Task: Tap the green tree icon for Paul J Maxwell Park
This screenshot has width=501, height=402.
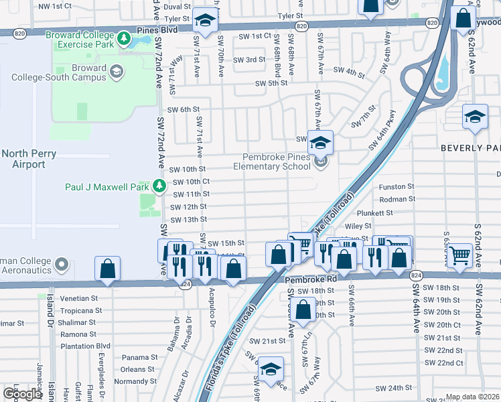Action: click(159, 186)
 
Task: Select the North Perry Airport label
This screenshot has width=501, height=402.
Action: click(23, 158)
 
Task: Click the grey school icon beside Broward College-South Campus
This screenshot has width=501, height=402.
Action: click(117, 72)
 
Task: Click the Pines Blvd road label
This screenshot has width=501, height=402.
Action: click(157, 30)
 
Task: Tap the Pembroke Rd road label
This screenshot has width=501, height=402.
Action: click(309, 279)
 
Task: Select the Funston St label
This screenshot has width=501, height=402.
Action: click(397, 188)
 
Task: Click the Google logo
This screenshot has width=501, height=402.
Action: click(22, 394)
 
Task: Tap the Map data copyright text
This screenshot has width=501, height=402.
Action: click(472, 397)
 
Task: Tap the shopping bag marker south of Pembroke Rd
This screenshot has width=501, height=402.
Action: click(303, 310)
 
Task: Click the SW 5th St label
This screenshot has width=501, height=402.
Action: click(271, 83)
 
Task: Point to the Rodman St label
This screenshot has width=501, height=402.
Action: click(397, 199)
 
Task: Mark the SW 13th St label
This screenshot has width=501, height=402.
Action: click(188, 220)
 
